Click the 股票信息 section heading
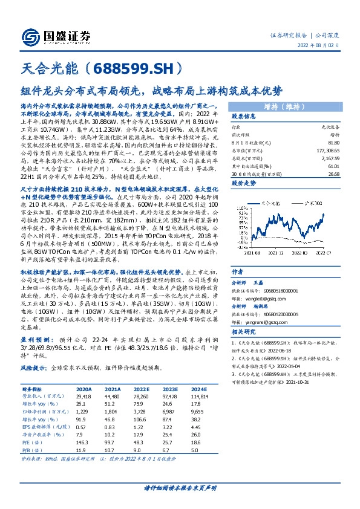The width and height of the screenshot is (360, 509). click(245, 116)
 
